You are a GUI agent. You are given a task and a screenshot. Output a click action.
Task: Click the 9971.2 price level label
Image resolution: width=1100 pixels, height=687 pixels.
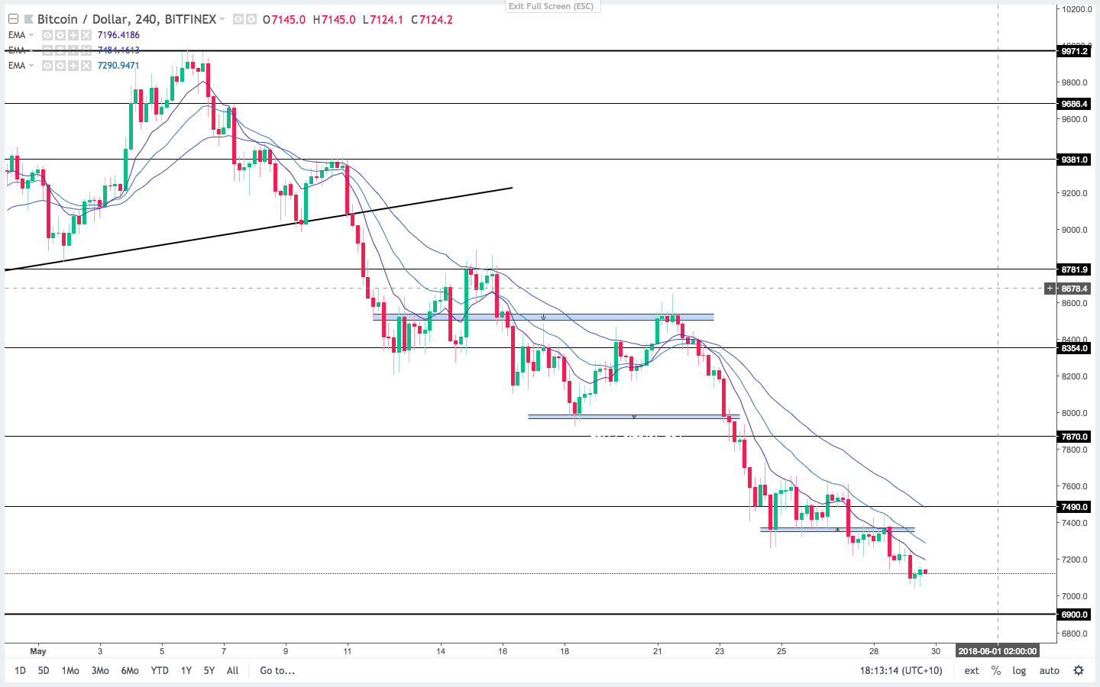pos(1073,51)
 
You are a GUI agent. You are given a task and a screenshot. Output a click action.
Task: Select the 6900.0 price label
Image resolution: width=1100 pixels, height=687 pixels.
pos(1073,614)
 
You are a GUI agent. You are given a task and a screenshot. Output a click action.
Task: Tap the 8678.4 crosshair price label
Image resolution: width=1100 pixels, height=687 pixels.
pos(1074,289)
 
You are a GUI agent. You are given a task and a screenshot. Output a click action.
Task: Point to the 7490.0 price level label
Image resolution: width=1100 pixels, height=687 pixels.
pos(1073,507)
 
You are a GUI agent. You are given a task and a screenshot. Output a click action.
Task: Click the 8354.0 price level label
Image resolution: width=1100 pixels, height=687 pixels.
pos(1073,348)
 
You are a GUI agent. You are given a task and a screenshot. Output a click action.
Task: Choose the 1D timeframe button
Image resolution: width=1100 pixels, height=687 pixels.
pos(20,670)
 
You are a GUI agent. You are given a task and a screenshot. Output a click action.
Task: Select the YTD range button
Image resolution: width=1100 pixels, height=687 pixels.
pos(160,670)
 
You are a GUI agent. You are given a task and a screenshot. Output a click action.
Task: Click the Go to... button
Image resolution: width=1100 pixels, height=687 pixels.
pos(277,670)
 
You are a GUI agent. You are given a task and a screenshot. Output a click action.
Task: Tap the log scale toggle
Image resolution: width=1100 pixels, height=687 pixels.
pos(1019,670)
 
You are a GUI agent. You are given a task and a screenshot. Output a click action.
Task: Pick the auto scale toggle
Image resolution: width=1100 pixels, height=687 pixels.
pos(1050,670)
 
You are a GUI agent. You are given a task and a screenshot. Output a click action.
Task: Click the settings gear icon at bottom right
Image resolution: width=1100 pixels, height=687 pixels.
pos(1079,670)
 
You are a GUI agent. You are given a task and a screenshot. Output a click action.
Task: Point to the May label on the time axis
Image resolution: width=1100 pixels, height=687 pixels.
pos(38,651)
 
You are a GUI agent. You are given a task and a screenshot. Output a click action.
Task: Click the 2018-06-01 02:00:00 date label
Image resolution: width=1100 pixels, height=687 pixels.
pos(998,651)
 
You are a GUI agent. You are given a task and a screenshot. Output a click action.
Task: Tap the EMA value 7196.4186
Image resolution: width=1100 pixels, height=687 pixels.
pos(118,35)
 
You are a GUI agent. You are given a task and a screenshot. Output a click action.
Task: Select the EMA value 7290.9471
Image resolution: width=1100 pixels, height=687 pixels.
pos(118,66)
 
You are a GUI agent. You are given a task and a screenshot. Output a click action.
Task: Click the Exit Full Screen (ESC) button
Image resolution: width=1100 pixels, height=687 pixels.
pos(552,6)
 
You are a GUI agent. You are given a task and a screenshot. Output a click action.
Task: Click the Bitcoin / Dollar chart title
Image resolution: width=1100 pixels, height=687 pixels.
pos(126,19)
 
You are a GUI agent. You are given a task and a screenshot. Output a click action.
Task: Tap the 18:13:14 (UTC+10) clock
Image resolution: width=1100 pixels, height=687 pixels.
pos(901,670)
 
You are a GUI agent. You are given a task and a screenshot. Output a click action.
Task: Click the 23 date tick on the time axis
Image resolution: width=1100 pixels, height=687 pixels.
pos(720,651)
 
